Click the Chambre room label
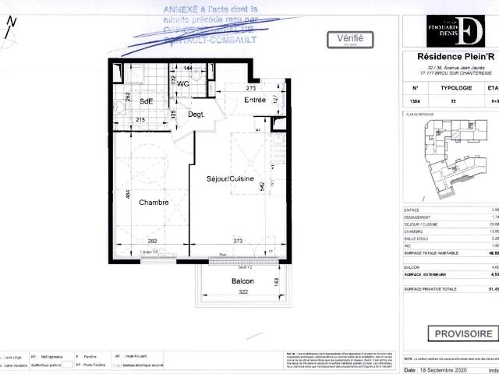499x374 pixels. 154,202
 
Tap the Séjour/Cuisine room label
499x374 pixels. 230,179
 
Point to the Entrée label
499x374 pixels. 255,100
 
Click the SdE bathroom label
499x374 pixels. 146,102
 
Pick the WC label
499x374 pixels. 184,83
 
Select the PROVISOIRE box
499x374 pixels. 463,333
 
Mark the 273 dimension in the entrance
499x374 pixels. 252,89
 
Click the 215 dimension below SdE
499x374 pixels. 141,120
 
